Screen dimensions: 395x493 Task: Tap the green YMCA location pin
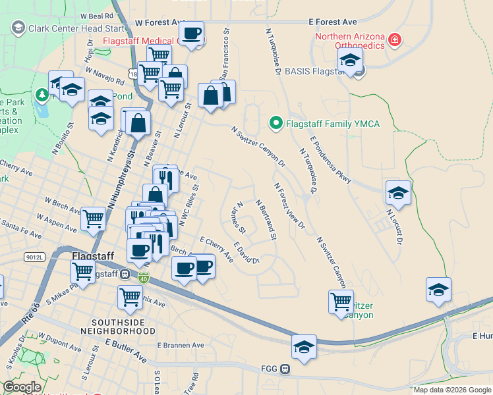coord(275,122)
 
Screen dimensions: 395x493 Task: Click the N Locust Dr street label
coord(394,226)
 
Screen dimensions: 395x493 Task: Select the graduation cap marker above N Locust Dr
coord(398,193)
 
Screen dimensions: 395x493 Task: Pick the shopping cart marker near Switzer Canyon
coord(341,302)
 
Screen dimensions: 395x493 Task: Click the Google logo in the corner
coord(22,386)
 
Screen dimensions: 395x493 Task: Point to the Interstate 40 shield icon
coord(144,278)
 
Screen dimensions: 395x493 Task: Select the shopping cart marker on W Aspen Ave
coord(93,219)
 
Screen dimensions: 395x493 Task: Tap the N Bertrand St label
coord(265,221)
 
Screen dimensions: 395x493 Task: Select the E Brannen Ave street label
coord(181,345)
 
